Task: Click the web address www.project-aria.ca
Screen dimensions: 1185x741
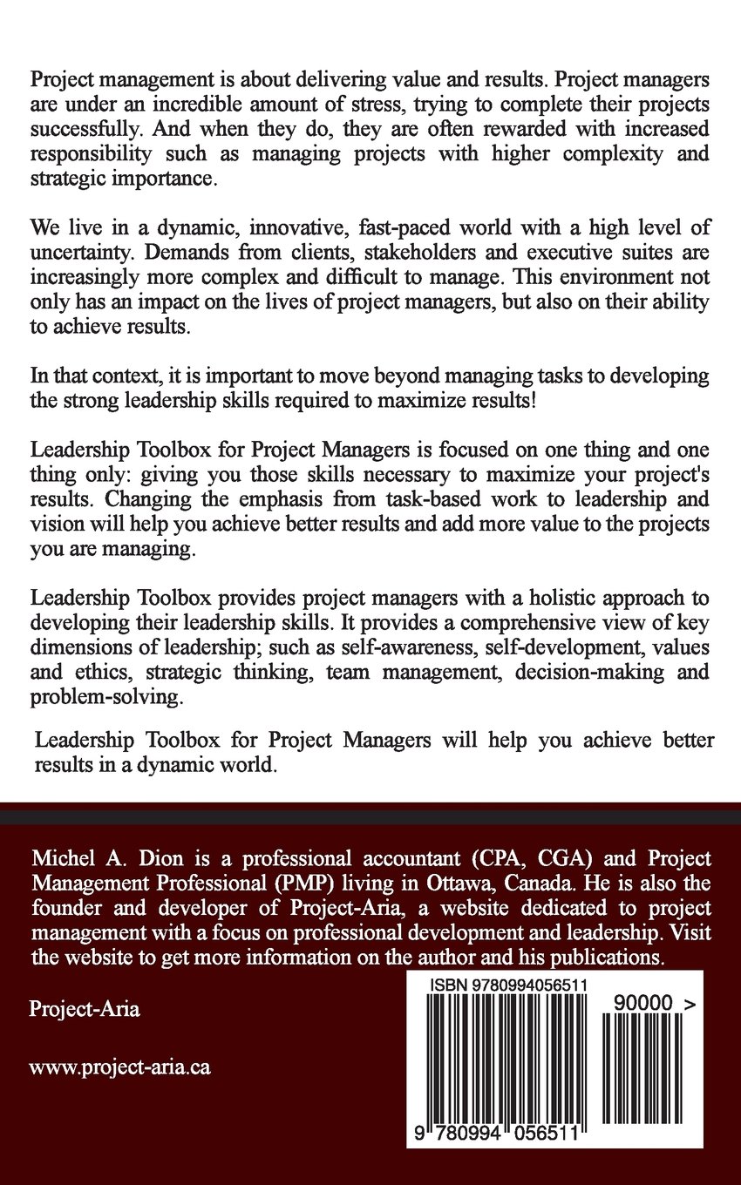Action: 119,1067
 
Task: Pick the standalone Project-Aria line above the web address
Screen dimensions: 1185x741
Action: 85,1009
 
